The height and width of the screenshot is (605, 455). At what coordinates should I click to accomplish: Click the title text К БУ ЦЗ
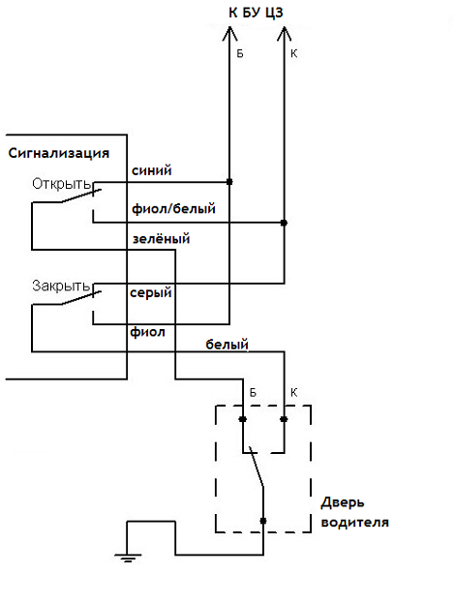pyautogui.click(x=256, y=13)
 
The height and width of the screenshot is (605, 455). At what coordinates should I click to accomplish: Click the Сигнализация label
pyautogui.click(x=59, y=153)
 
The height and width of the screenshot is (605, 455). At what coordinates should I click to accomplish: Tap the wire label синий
pyautogui.click(x=152, y=170)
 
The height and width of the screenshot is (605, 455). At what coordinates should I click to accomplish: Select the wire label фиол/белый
pyautogui.click(x=173, y=209)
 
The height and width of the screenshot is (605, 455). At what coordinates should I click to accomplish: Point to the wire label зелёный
pyautogui.click(x=162, y=239)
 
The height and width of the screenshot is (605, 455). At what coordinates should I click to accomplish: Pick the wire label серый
pyautogui.click(x=151, y=293)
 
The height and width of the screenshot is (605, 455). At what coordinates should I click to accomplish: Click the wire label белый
pyautogui.click(x=227, y=345)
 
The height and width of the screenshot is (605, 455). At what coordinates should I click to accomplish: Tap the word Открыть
pyautogui.click(x=61, y=184)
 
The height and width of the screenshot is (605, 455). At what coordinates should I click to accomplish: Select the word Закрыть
pyautogui.click(x=61, y=286)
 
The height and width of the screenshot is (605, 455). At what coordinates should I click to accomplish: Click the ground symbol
pyautogui.click(x=128, y=558)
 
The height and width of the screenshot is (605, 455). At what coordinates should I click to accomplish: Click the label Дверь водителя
pyautogui.click(x=354, y=512)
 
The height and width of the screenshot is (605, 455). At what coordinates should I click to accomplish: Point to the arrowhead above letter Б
pyautogui.click(x=229, y=33)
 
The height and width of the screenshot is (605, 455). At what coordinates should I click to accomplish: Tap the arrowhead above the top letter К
pyautogui.click(x=285, y=33)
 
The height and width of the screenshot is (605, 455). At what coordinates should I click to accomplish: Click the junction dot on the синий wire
pyautogui.click(x=229, y=182)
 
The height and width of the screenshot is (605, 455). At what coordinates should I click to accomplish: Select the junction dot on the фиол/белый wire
pyautogui.click(x=284, y=223)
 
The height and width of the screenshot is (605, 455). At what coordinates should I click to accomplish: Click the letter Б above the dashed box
pyautogui.click(x=253, y=393)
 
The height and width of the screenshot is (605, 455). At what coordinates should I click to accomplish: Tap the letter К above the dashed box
pyautogui.click(x=293, y=393)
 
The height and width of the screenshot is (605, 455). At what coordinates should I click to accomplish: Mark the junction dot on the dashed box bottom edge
pyautogui.click(x=263, y=521)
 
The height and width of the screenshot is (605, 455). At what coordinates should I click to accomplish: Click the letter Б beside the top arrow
pyautogui.click(x=240, y=53)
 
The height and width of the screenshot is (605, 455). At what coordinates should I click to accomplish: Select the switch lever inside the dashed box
pyautogui.click(x=257, y=467)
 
